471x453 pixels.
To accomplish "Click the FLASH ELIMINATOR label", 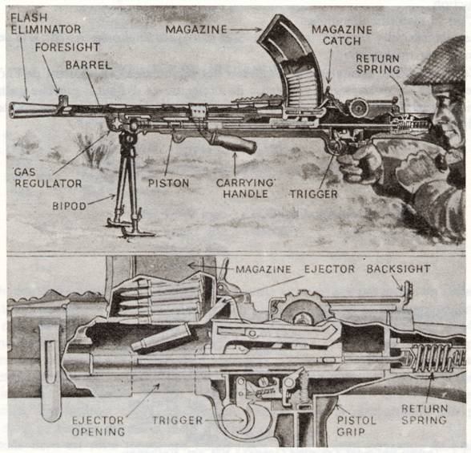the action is pos(46,23).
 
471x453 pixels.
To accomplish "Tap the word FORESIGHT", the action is pos(67,47).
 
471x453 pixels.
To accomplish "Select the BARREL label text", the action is pos(89,65).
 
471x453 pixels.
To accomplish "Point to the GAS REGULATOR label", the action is pos(48,178).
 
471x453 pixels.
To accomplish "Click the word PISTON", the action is pos(168,183).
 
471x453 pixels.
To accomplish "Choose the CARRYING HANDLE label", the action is pos(246,188).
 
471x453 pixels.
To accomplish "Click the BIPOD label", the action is pos(70,206).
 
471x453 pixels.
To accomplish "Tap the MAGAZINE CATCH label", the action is pos(342,35).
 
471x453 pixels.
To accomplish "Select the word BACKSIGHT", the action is pos(399,269).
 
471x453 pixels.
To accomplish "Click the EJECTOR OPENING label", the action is pos(99,426).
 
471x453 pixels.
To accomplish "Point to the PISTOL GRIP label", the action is pos(356,426).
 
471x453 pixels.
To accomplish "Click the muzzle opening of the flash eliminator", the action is pos(12,111).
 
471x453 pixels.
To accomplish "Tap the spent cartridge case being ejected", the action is pos(161,338).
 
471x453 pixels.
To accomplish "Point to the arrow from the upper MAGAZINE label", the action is pos(246,30).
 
